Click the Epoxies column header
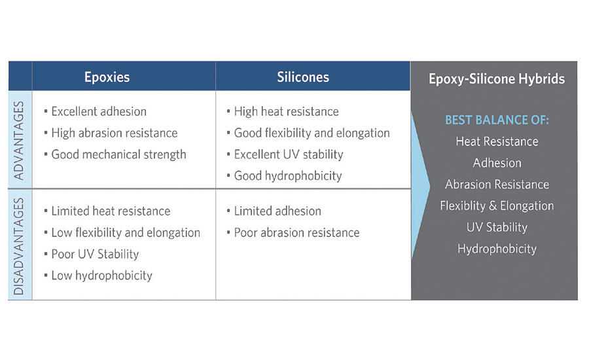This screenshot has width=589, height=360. pos(107,77)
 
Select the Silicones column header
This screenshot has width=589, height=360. pos(303,77)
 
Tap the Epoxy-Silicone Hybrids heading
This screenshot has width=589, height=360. pos(497,79)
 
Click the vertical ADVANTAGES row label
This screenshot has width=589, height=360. pos(19,141)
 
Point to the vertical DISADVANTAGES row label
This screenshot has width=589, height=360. pos(19,246)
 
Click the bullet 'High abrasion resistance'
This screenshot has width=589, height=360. pos(111,133)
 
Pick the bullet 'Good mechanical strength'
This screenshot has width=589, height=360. pos(115,154)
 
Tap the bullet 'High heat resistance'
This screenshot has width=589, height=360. pos(283,112)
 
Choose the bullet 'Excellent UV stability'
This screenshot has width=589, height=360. pos(285,154)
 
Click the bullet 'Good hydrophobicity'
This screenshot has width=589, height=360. pos(285,176)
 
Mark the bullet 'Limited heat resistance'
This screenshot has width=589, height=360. pos(107,211)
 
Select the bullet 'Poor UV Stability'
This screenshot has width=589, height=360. pos(91,254)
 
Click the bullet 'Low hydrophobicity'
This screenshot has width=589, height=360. pos(98,276)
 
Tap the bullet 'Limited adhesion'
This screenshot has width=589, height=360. pos(274,211)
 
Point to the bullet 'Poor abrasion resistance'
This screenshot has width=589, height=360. pos(293,232)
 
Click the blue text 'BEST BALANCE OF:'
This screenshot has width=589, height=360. pos(497,120)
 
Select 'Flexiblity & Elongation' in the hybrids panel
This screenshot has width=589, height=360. pos(497,206)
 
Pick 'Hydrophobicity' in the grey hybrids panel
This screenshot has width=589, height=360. pos(497,249)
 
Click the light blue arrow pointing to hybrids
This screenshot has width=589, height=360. pos(420,185)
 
